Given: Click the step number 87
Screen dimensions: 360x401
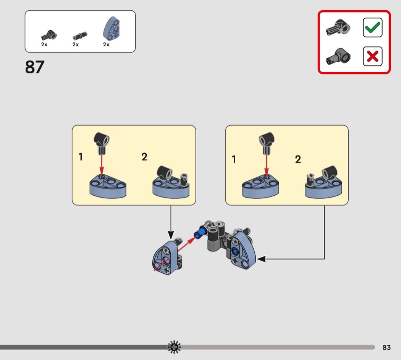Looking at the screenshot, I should pos(35,67).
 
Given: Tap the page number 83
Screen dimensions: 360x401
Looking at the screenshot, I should pos(386,347).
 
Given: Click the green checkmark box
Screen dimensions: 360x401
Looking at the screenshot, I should pos(372,28).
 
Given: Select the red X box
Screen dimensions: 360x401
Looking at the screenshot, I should pos(372,57).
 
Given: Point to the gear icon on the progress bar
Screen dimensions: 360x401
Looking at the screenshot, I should pos(175,347).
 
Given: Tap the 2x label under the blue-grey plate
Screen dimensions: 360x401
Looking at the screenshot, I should pos(106,45).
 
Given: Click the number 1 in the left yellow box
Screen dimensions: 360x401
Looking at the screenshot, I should pos(81,157).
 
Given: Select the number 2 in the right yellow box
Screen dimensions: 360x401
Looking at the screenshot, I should pos(298,159).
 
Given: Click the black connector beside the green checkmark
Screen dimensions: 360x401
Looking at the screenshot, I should pos(338,29).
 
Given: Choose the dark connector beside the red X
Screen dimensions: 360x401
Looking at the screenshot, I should pos(338,57).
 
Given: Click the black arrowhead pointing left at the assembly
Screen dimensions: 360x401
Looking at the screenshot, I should pos(261,259).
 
